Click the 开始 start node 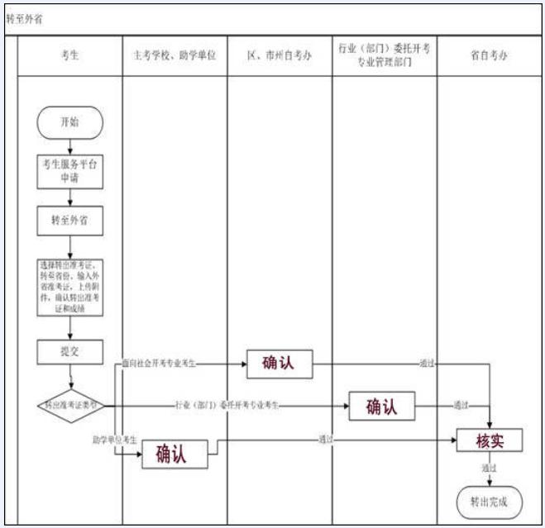(70, 123)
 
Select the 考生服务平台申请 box (70, 171)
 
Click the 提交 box (70, 351)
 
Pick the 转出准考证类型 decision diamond (72, 405)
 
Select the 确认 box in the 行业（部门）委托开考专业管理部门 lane (381, 406)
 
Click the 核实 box (490, 440)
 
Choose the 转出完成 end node (490, 500)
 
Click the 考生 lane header (70, 56)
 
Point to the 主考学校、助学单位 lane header (174, 56)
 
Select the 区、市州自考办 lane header (280, 56)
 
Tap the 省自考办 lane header (489, 56)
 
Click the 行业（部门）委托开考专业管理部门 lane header (385, 55)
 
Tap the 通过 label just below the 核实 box (489, 468)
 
